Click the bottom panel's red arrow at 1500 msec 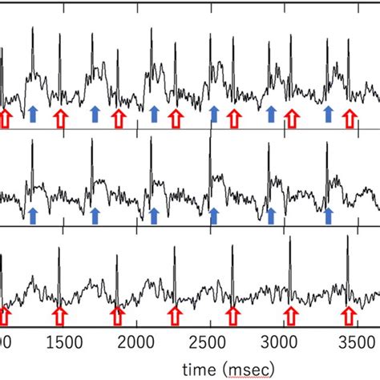point(59,313)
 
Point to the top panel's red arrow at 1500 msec point(59,119)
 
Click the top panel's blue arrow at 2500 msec point(214,114)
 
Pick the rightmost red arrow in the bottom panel point(349,313)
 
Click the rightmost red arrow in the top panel point(349,119)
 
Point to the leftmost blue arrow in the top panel point(33,114)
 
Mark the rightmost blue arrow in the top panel point(329,114)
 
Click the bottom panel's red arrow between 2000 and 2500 point(176,313)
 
